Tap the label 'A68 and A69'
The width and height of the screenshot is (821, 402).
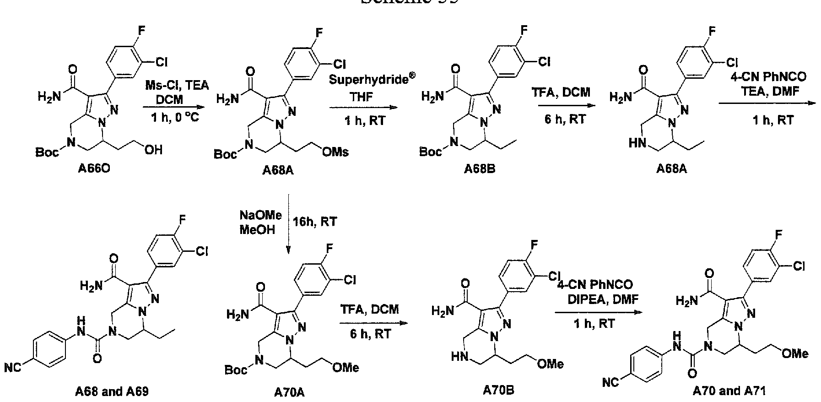coord(112,392)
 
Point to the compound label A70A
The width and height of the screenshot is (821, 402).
coord(289,392)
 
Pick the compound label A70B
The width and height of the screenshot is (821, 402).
coord(498,391)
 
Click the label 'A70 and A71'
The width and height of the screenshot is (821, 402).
coord(729,391)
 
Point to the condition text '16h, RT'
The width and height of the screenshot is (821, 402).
coord(316,222)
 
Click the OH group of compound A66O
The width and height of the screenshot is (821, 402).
coord(153,150)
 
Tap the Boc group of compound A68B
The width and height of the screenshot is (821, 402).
coord(430,151)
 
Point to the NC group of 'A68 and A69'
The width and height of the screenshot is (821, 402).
coord(13,368)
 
